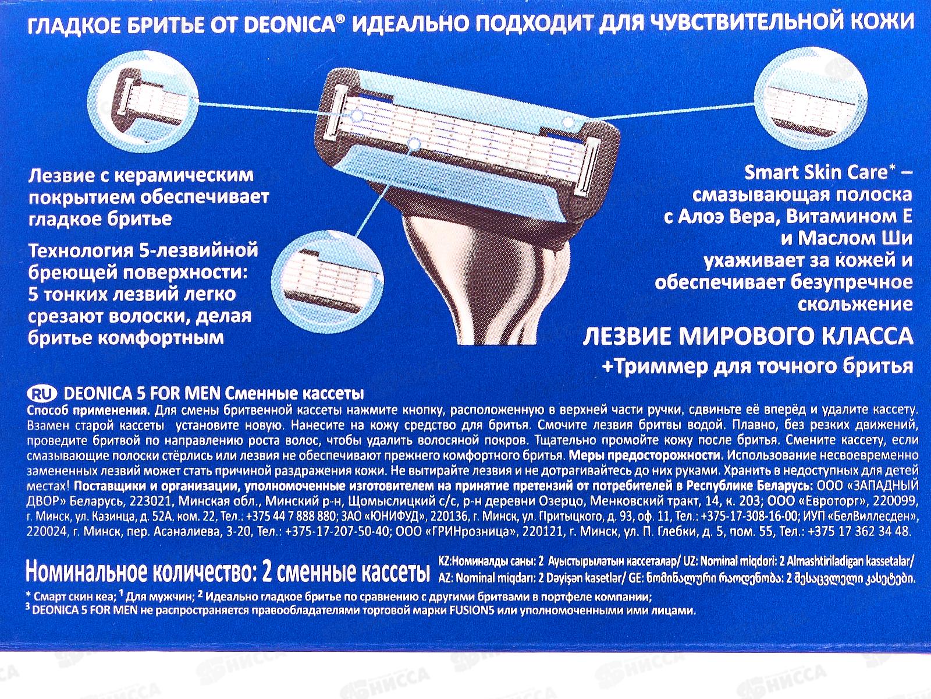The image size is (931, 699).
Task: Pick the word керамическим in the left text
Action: point(189,175)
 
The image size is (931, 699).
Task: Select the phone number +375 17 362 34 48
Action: point(861,531)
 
